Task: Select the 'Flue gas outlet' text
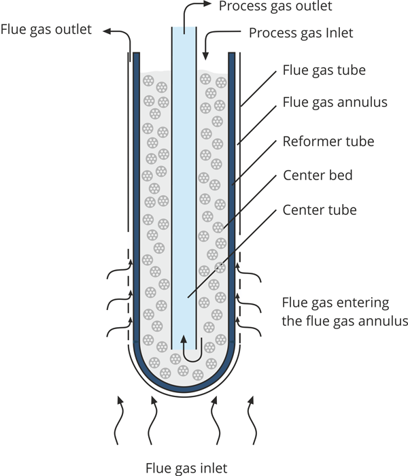(x=47, y=30)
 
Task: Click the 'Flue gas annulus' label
(x=335, y=103)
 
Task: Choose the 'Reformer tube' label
(x=328, y=141)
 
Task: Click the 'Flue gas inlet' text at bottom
(x=186, y=467)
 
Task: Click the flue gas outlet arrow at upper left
(x=121, y=37)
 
